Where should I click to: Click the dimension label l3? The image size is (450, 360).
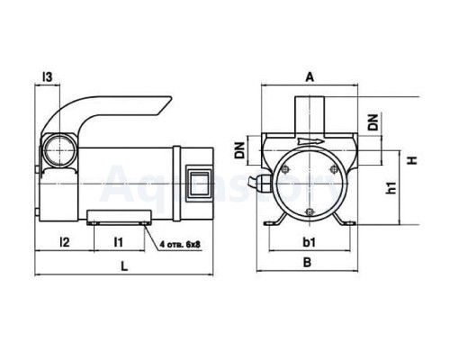(48, 77)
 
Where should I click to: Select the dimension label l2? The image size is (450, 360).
(65, 241)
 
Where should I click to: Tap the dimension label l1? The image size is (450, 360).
(119, 241)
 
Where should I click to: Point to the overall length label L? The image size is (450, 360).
(124, 265)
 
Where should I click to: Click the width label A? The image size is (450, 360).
(310, 77)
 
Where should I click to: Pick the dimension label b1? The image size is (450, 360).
(309, 242)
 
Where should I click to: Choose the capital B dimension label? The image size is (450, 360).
(307, 263)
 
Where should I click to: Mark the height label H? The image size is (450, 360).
(413, 160)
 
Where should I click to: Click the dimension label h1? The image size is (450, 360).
(391, 187)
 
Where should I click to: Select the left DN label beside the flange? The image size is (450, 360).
(240, 150)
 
